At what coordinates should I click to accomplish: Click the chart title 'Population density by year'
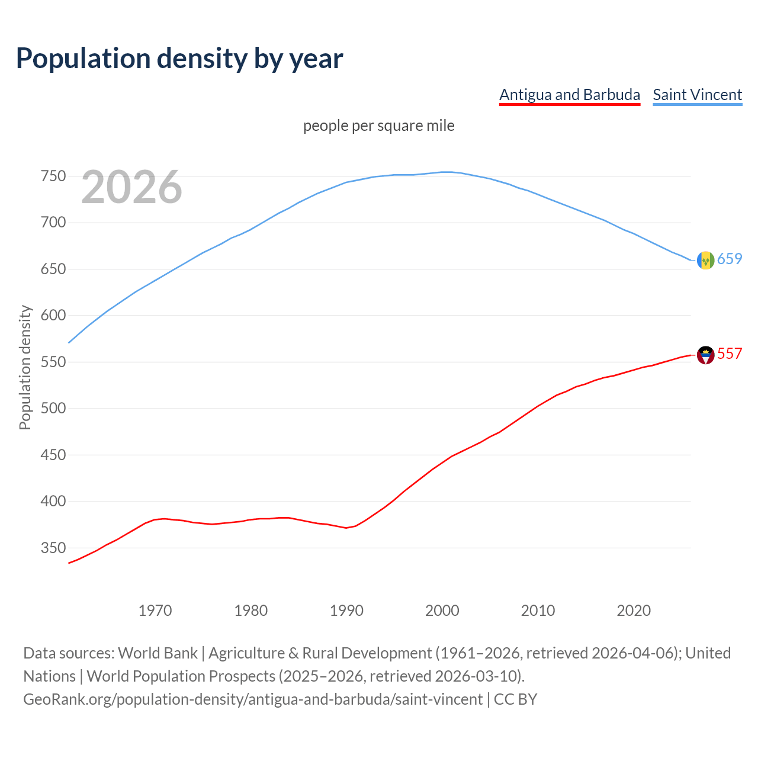(x=179, y=58)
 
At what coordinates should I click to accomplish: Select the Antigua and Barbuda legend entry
(x=570, y=95)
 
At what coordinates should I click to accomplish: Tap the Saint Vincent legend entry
(x=697, y=95)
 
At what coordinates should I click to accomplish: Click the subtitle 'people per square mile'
(x=378, y=126)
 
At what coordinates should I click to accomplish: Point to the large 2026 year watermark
(x=131, y=187)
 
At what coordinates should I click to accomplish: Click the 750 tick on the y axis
(x=53, y=176)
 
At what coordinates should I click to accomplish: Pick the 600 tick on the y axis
(x=53, y=316)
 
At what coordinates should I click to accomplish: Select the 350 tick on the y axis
(x=53, y=548)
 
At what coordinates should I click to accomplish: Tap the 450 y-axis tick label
(x=53, y=455)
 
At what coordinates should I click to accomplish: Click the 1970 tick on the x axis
(x=155, y=611)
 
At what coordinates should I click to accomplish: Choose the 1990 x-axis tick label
(x=346, y=611)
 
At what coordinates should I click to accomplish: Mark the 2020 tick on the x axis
(x=634, y=611)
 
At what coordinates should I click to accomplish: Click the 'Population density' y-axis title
(x=25, y=367)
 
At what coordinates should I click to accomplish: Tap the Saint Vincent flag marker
(x=705, y=260)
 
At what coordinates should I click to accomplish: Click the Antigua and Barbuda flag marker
(x=705, y=355)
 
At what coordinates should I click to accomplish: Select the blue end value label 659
(x=730, y=259)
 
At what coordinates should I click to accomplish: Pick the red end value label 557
(x=730, y=354)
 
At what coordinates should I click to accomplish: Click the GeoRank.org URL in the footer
(x=253, y=699)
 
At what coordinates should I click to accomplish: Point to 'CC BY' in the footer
(x=515, y=699)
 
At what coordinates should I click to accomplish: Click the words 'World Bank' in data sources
(x=158, y=653)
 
